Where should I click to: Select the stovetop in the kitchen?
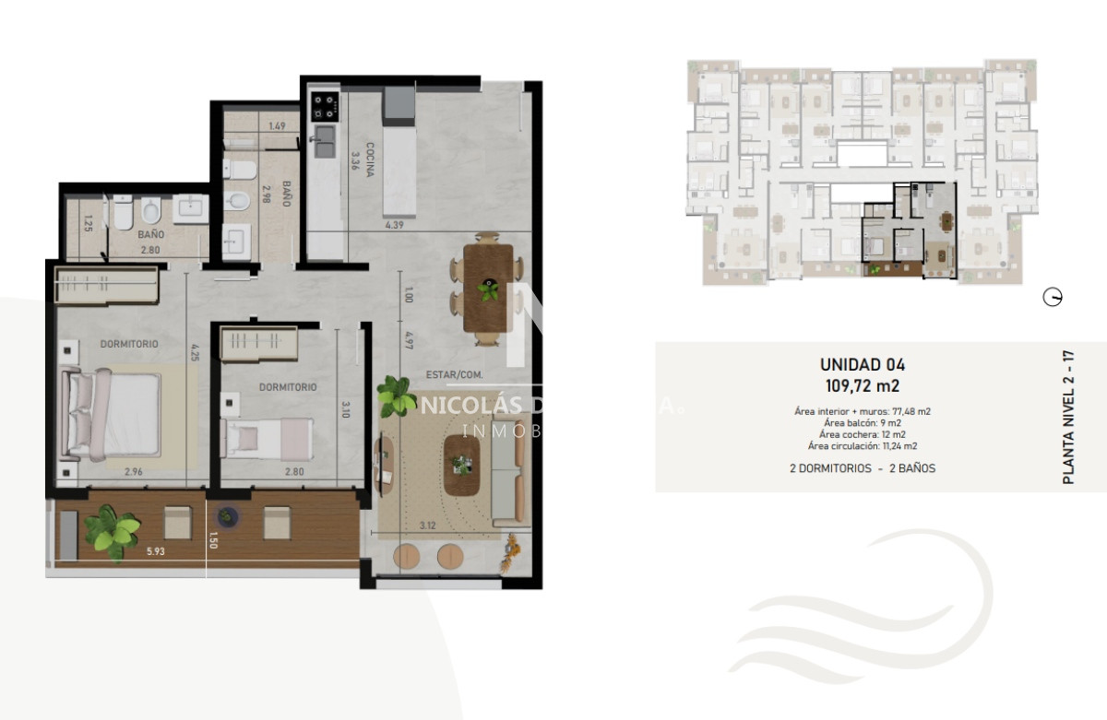click(x=325, y=107)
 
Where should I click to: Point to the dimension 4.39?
click(x=397, y=223)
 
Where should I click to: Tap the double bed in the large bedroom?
click(x=109, y=410)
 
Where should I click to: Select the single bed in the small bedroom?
click(x=268, y=437)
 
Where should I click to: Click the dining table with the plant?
click(x=486, y=290)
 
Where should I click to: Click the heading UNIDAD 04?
click(x=863, y=364)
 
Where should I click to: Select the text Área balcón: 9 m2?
click(x=863, y=422)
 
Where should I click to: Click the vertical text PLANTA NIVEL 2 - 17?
click(x=1068, y=417)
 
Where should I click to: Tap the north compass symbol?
click(x=1052, y=297)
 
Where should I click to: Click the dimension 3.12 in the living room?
click(x=427, y=525)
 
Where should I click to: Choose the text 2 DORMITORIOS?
click(x=830, y=468)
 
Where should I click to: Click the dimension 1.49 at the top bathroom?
click(x=276, y=126)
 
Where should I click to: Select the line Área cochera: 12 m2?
click(x=863, y=434)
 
